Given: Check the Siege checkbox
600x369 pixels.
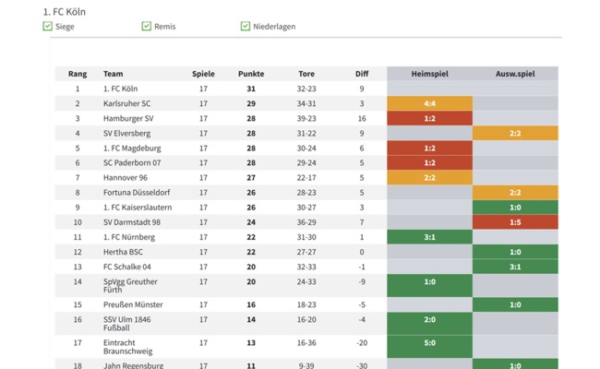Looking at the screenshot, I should (x=48, y=27).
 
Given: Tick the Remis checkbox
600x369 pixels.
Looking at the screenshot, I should (x=146, y=27).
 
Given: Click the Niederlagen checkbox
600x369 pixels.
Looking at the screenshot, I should (x=246, y=27).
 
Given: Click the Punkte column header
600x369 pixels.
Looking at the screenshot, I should (x=250, y=74).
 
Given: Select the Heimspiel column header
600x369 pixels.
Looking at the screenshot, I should (x=429, y=74).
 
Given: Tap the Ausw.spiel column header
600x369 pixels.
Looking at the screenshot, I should (x=515, y=74).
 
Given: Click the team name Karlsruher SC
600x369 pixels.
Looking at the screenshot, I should (x=126, y=103).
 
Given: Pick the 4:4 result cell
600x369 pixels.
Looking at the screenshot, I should (x=429, y=103).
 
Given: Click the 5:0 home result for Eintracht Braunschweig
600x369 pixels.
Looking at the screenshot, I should (x=429, y=342).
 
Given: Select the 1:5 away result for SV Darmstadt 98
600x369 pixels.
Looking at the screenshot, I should (x=515, y=222).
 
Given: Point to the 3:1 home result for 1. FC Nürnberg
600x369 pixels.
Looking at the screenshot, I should (x=429, y=237).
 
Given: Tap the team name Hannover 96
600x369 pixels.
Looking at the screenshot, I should (x=125, y=178).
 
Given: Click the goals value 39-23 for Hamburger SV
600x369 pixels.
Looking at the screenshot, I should (x=306, y=118).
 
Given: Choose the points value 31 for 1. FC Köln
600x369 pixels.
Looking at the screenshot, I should (x=250, y=89).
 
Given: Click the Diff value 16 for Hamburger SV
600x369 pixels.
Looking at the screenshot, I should (x=362, y=118).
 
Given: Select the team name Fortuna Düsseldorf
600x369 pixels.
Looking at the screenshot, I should (x=137, y=193).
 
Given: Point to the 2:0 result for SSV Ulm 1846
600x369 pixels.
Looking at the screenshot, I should (x=429, y=319).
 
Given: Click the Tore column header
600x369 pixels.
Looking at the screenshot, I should (x=306, y=74).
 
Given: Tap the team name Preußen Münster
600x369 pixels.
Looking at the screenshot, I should (x=133, y=304).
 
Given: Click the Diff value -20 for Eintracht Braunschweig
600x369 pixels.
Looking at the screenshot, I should (x=362, y=342).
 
